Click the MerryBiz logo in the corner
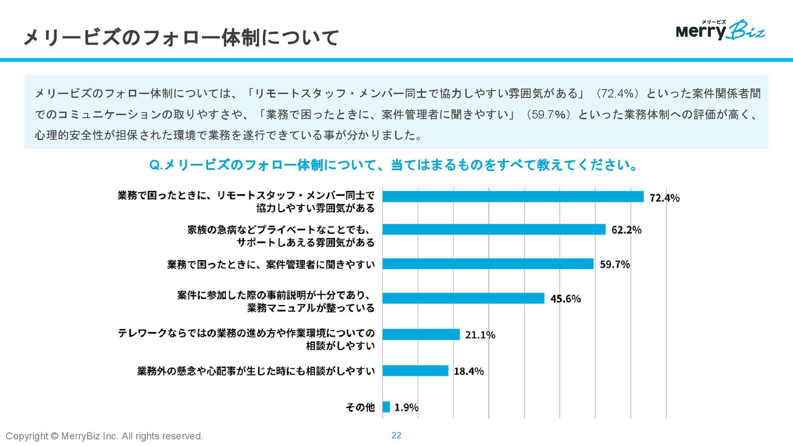pos(720,30)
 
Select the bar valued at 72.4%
pos(513,197)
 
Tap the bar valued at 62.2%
pos(494,229)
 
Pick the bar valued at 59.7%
pos(488,264)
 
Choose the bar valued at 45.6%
pos(463,298)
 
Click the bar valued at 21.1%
pos(421,334)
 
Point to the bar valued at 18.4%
pos(415,370)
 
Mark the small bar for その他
pos(386,407)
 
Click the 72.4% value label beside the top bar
pos(665,198)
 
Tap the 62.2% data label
pos(627,230)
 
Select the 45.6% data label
pos(565,299)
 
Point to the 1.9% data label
pos(406,408)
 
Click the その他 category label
pos(360,407)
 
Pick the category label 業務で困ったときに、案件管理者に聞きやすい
pos(271,264)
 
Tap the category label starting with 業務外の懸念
pos(256,371)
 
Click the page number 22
pos(396,435)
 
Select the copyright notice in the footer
pos(104,436)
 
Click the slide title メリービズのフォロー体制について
pos(181,38)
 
